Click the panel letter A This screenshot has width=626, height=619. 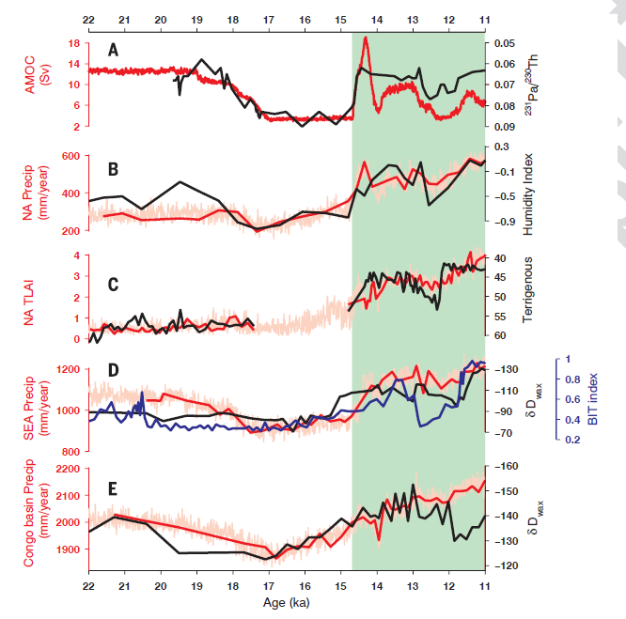113,50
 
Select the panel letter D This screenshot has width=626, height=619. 113,369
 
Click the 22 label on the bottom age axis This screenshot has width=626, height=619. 88,585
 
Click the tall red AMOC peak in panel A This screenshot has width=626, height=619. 366,39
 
